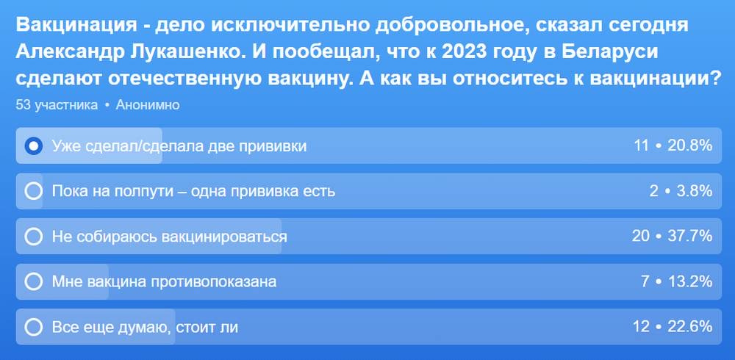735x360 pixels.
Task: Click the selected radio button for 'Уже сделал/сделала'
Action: pyautogui.click(x=33, y=146)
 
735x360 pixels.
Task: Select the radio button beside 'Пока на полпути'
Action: pyautogui.click(x=33, y=191)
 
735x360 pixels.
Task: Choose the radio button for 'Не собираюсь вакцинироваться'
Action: pyautogui.click(x=33, y=237)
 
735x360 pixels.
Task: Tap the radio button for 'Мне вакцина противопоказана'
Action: pyautogui.click(x=33, y=281)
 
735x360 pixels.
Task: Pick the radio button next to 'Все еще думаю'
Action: pyautogui.click(x=33, y=327)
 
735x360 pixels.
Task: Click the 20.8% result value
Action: pyautogui.click(x=689, y=146)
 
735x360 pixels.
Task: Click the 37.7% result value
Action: pyautogui.click(x=689, y=237)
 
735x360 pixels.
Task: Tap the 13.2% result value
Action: pyautogui.click(x=689, y=281)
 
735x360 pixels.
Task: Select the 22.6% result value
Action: pyautogui.click(x=689, y=326)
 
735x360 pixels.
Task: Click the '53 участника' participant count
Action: pyautogui.click(x=57, y=105)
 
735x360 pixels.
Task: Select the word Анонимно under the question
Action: pyautogui.click(x=148, y=105)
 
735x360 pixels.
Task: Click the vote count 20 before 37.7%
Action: pyautogui.click(x=641, y=237)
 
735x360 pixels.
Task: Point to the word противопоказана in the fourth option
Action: pyautogui.click(x=213, y=281)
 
